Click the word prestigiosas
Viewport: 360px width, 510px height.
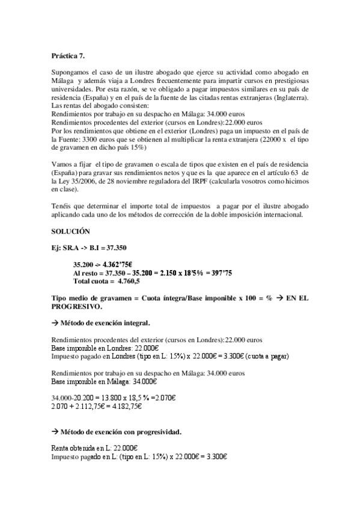(286, 80)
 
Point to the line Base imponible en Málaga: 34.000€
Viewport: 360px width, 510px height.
(105, 381)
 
